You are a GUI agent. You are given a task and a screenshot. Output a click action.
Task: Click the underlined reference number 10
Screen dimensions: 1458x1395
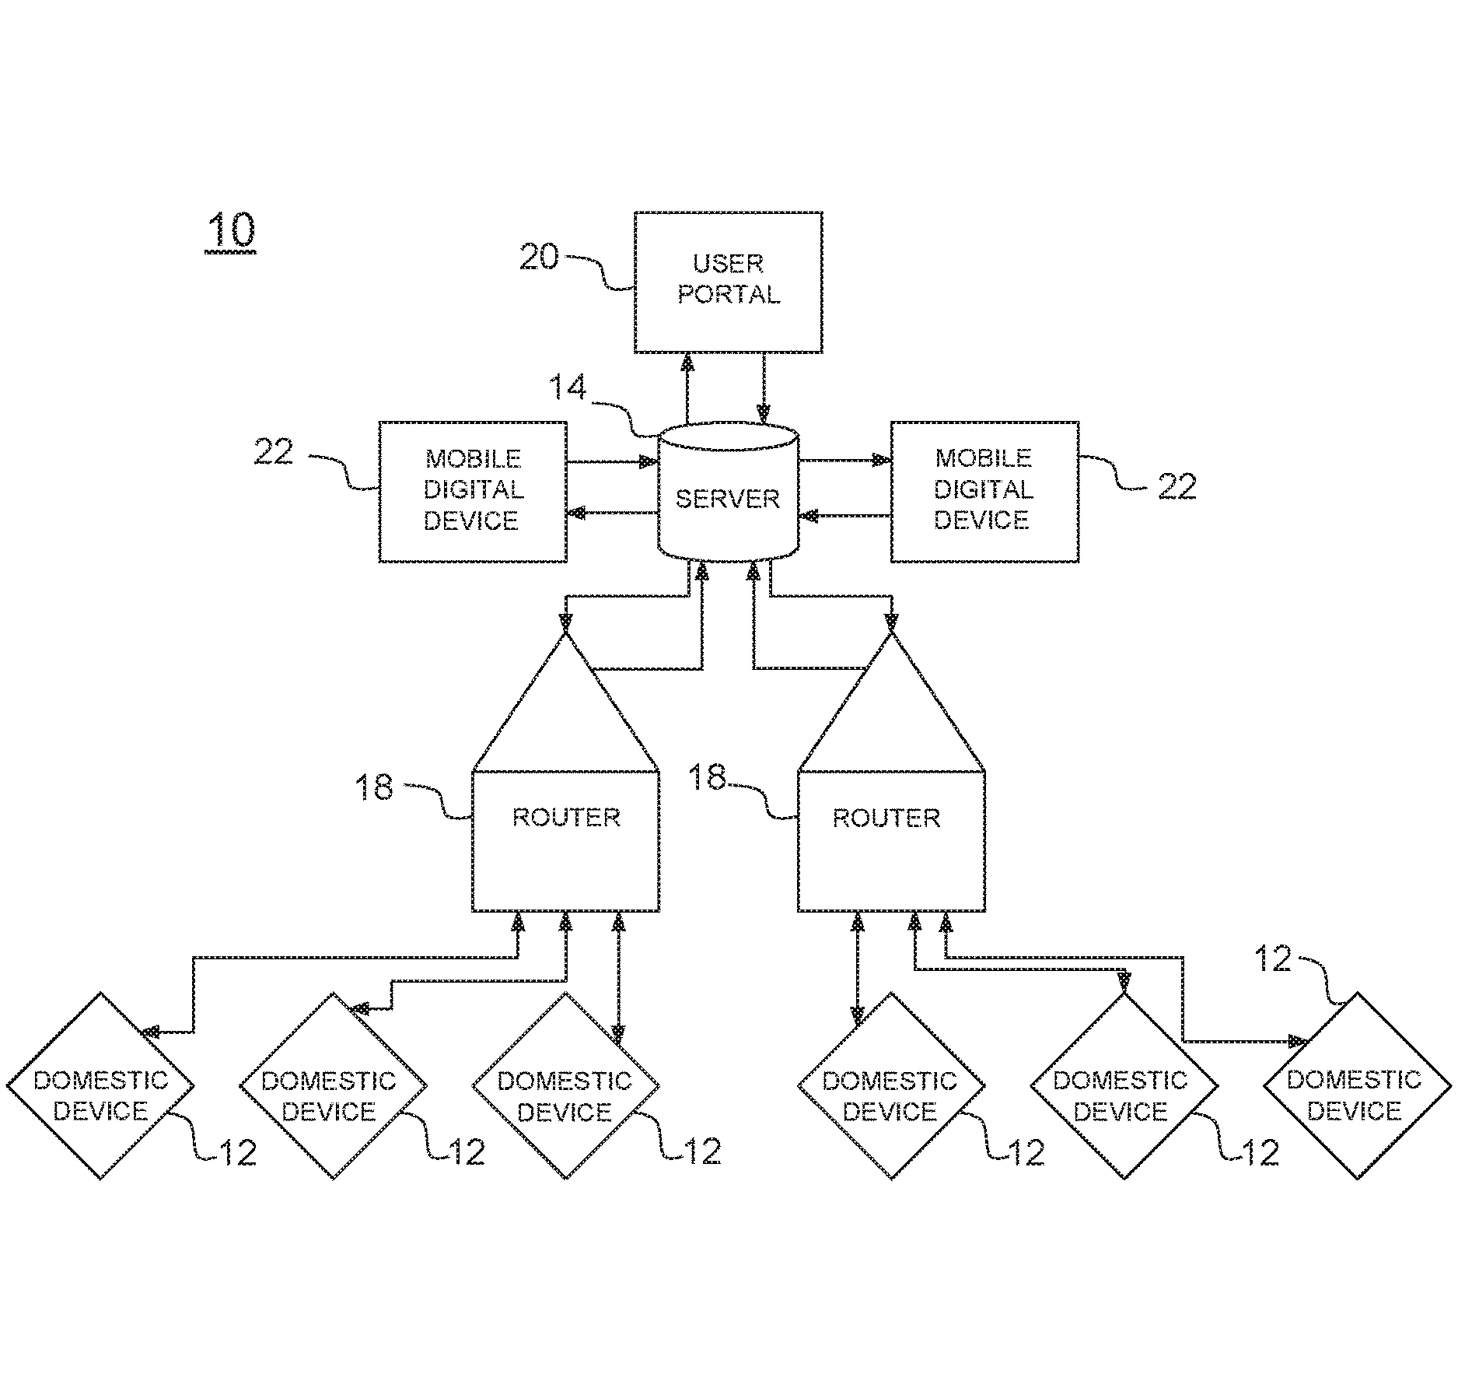pos(230,231)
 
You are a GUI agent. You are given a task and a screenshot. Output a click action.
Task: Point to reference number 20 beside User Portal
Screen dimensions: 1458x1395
pos(539,257)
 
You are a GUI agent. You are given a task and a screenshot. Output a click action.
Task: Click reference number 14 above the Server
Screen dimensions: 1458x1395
pos(568,387)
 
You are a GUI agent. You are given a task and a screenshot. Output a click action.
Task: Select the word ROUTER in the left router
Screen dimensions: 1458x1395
pos(566,817)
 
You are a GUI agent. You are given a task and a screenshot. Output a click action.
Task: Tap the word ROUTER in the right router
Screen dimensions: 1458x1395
pos(886,818)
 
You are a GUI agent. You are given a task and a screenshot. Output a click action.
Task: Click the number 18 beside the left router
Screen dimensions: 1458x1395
pos(374,787)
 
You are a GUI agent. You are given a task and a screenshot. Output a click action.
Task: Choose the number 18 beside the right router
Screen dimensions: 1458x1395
pos(707,777)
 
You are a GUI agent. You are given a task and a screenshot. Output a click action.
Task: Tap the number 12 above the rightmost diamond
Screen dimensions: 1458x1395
pos(1273,959)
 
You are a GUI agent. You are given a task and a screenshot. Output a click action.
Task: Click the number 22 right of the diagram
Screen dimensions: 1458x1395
pos(1177,486)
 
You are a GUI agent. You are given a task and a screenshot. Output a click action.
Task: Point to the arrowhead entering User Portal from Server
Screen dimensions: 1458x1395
pos(687,363)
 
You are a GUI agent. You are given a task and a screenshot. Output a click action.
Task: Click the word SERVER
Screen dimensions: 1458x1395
pos(728,499)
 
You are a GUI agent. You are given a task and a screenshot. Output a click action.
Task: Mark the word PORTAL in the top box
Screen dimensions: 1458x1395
pos(729,295)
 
